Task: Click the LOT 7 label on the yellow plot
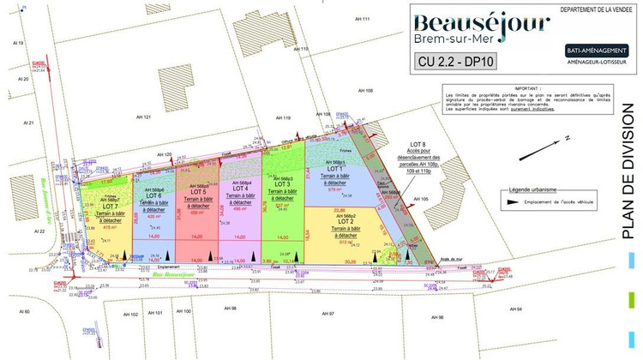click(x=110, y=207)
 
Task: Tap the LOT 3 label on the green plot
click(x=281, y=184)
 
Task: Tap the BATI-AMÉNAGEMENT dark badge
click(x=598, y=51)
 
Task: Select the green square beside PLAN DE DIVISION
click(x=631, y=299)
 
